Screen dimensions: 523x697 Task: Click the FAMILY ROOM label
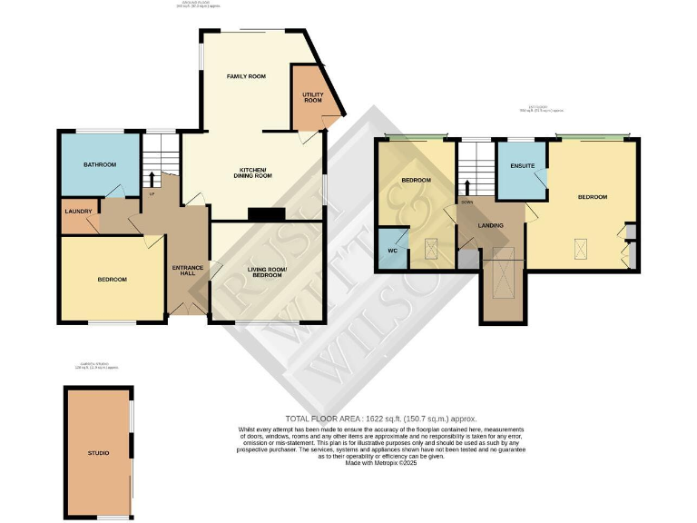(246, 76)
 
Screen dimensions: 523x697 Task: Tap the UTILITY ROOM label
(313, 97)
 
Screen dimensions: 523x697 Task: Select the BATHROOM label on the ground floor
(99, 164)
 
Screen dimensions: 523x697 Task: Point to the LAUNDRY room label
(78, 212)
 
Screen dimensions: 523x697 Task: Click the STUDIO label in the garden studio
(98, 451)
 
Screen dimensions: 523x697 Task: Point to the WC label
(393, 249)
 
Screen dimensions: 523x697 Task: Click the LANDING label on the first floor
(491, 225)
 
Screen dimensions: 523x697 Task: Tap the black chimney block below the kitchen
(267, 215)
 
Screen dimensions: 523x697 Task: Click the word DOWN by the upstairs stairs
(466, 202)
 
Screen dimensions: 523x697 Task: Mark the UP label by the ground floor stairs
(152, 193)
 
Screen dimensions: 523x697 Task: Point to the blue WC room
(393, 248)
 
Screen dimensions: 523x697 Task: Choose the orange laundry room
(79, 218)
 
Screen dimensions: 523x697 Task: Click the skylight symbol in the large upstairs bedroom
(577, 244)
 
